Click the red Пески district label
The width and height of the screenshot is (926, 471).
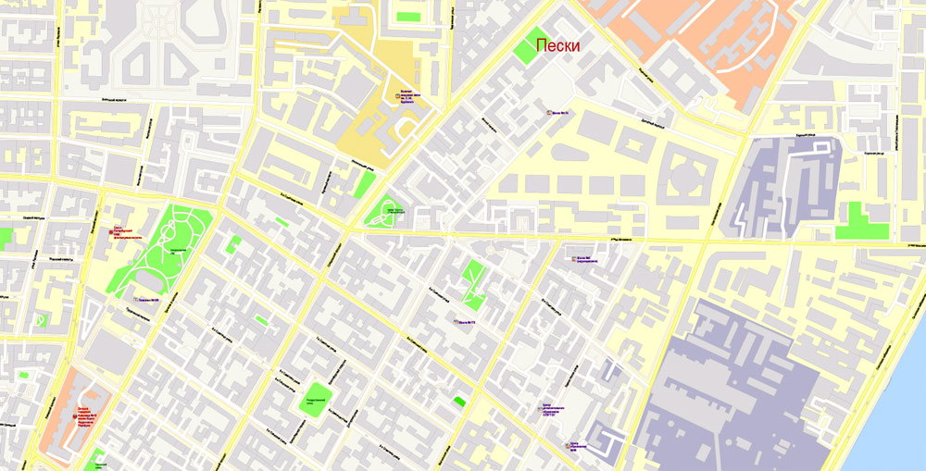(x=558, y=45)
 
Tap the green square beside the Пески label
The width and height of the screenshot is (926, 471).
(x=531, y=45)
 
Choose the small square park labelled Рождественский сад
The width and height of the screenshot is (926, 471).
(x=318, y=398)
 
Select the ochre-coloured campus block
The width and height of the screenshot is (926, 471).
(x=380, y=120)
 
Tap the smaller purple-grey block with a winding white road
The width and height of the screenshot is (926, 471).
(x=787, y=185)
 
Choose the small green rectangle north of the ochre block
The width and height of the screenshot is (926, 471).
(x=407, y=16)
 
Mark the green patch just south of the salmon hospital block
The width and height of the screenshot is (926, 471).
(x=95, y=460)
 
